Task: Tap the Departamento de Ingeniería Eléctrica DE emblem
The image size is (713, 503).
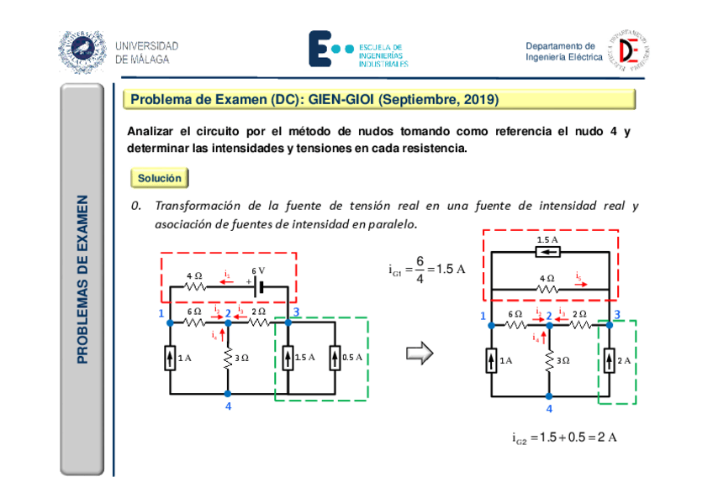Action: click(633, 50)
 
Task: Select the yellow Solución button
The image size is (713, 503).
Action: click(159, 179)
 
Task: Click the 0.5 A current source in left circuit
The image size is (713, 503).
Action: click(334, 357)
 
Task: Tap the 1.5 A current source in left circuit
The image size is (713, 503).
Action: click(288, 357)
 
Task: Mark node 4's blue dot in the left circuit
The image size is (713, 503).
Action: click(227, 393)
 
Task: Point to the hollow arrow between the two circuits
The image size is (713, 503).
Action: click(419, 353)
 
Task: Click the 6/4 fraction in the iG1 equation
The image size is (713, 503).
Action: click(418, 270)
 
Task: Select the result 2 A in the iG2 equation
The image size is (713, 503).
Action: click(609, 438)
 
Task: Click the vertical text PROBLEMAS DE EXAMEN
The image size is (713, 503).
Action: click(82, 280)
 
